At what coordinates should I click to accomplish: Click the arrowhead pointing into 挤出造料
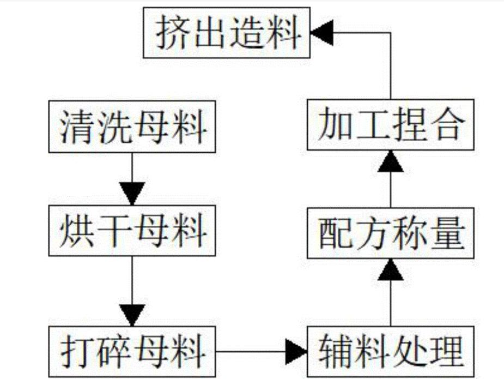(x=320, y=34)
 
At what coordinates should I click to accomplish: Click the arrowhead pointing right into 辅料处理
(x=297, y=347)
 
